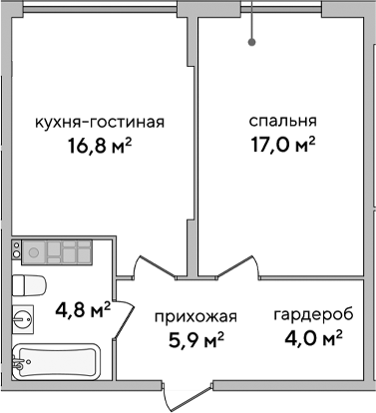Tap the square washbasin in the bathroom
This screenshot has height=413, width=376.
(x=24, y=320)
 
